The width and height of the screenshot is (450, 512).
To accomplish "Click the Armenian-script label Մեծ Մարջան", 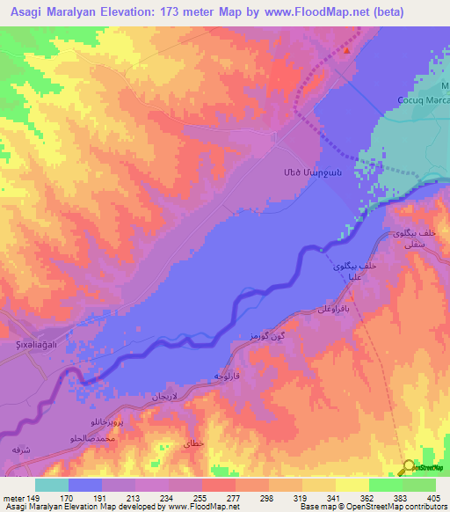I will (x=307, y=171).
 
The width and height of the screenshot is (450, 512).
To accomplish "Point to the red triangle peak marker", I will (x=346, y=50).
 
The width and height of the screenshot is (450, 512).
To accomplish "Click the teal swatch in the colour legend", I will (x=52, y=485).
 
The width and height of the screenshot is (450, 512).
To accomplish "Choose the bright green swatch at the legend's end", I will (x=419, y=485).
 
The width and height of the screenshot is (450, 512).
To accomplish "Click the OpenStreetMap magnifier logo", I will (x=408, y=467).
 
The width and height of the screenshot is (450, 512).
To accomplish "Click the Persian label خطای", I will (x=193, y=443).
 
